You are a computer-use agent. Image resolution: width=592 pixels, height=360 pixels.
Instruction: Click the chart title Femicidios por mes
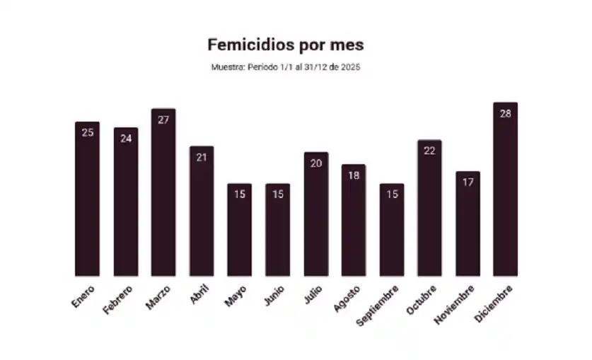(x=285, y=45)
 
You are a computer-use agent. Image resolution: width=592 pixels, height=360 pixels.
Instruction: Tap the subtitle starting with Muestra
(x=286, y=67)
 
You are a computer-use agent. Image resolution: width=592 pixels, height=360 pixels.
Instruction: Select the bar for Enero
(x=87, y=202)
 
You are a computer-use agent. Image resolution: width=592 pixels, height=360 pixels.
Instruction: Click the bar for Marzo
(x=163, y=194)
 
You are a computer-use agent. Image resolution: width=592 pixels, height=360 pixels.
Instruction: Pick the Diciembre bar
(x=505, y=191)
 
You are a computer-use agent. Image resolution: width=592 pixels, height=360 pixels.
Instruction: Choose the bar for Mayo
(x=239, y=232)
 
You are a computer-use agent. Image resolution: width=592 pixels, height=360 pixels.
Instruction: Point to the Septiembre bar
(x=391, y=232)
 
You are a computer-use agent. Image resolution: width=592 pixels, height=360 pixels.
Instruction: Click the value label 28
(x=505, y=113)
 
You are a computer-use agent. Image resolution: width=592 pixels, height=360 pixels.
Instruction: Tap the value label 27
(x=163, y=120)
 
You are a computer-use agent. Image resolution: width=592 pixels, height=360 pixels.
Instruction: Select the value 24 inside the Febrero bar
(x=125, y=139)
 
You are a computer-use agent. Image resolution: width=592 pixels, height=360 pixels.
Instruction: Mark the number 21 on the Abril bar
(x=202, y=157)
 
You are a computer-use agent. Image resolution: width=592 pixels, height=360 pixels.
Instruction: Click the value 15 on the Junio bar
(x=277, y=194)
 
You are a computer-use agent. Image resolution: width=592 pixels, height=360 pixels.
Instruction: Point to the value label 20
(x=315, y=163)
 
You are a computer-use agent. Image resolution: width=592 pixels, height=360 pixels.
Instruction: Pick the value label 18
(x=354, y=175)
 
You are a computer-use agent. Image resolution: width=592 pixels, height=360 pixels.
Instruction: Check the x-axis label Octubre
(x=422, y=300)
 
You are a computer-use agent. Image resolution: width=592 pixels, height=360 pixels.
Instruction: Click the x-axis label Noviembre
(x=457, y=304)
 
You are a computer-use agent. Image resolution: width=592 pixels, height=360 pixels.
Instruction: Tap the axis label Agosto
(x=347, y=298)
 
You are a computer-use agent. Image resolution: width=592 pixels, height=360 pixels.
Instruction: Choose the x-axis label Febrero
(x=117, y=300)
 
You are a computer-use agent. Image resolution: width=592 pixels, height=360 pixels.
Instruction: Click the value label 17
(x=468, y=182)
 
